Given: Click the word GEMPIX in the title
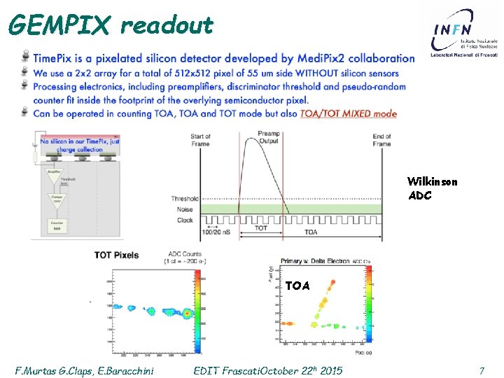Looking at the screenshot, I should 59,25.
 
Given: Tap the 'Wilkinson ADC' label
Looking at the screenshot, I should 432,188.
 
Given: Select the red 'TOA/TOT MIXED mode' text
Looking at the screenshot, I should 348,113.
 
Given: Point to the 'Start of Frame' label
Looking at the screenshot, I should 200,140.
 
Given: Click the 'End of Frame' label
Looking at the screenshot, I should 381,140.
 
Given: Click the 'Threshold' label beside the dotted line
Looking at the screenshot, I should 185,199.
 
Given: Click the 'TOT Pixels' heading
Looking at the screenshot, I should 117,255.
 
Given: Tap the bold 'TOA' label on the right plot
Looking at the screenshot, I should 297,286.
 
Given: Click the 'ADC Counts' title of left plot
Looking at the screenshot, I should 185,253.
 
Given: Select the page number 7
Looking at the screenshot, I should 481,370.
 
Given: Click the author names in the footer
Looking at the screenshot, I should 85,370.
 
